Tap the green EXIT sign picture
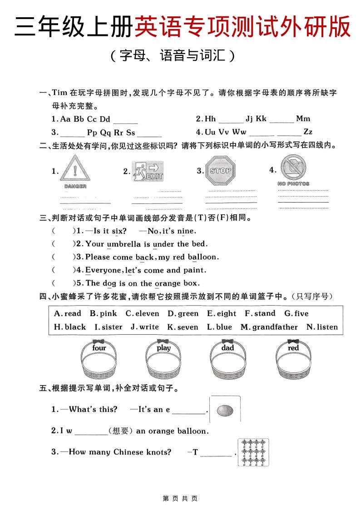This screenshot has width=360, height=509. pos(148,172)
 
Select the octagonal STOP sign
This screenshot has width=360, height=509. pos(221,171)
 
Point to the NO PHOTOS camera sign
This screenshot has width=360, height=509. pos(293,168)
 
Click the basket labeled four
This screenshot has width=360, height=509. pos(99,361)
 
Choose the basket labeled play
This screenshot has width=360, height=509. pos(163,361)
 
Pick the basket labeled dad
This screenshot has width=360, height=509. pos(228,361)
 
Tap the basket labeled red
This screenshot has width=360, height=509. pos(293,361)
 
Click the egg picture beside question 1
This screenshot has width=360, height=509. pos(225,410)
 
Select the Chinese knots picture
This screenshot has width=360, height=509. pos(253,452)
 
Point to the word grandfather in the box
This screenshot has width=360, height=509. pos(275,327)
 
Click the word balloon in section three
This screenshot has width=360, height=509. pos(203,257)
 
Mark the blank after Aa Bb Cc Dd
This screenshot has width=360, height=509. pos(125,120)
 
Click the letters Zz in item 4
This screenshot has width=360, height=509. pos(308,132)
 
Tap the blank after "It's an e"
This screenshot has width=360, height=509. pos(189,410)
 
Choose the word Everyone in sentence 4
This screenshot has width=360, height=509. pos(104,270)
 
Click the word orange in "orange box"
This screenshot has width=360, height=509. pos(168,283)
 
